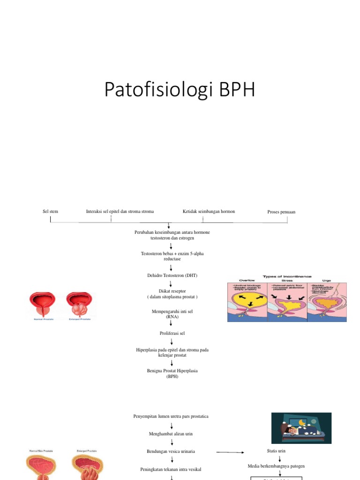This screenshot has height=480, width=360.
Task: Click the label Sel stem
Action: pyautogui.click(x=50, y=211)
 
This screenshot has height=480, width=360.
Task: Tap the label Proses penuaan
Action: pyautogui.click(x=281, y=212)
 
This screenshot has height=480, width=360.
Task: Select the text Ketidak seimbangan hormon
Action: pyautogui.click(x=209, y=211)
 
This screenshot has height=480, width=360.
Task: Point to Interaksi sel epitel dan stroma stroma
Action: pyautogui.click(x=120, y=211)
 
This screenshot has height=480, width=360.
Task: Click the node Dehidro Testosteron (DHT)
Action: pyautogui.click(x=172, y=276)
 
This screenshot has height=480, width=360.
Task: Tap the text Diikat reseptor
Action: pyautogui.click(x=172, y=291)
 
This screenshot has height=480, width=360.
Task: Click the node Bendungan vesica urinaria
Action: pyautogui.click(x=171, y=451)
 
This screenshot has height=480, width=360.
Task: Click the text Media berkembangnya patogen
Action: pyautogui.click(x=276, y=466)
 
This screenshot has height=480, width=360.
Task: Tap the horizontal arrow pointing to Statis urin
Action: pyautogui.click(x=230, y=452)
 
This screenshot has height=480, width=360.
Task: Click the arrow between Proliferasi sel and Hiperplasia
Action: pyautogui.click(x=172, y=342)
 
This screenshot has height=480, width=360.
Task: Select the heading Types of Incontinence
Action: pyautogui.click(x=287, y=277)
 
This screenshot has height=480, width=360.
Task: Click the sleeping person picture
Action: pyautogui.click(x=301, y=428)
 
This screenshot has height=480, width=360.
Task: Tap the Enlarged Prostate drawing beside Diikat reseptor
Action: pyautogui.click(x=79, y=305)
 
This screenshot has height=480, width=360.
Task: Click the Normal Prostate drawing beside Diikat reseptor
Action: pyautogui.click(x=43, y=305)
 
